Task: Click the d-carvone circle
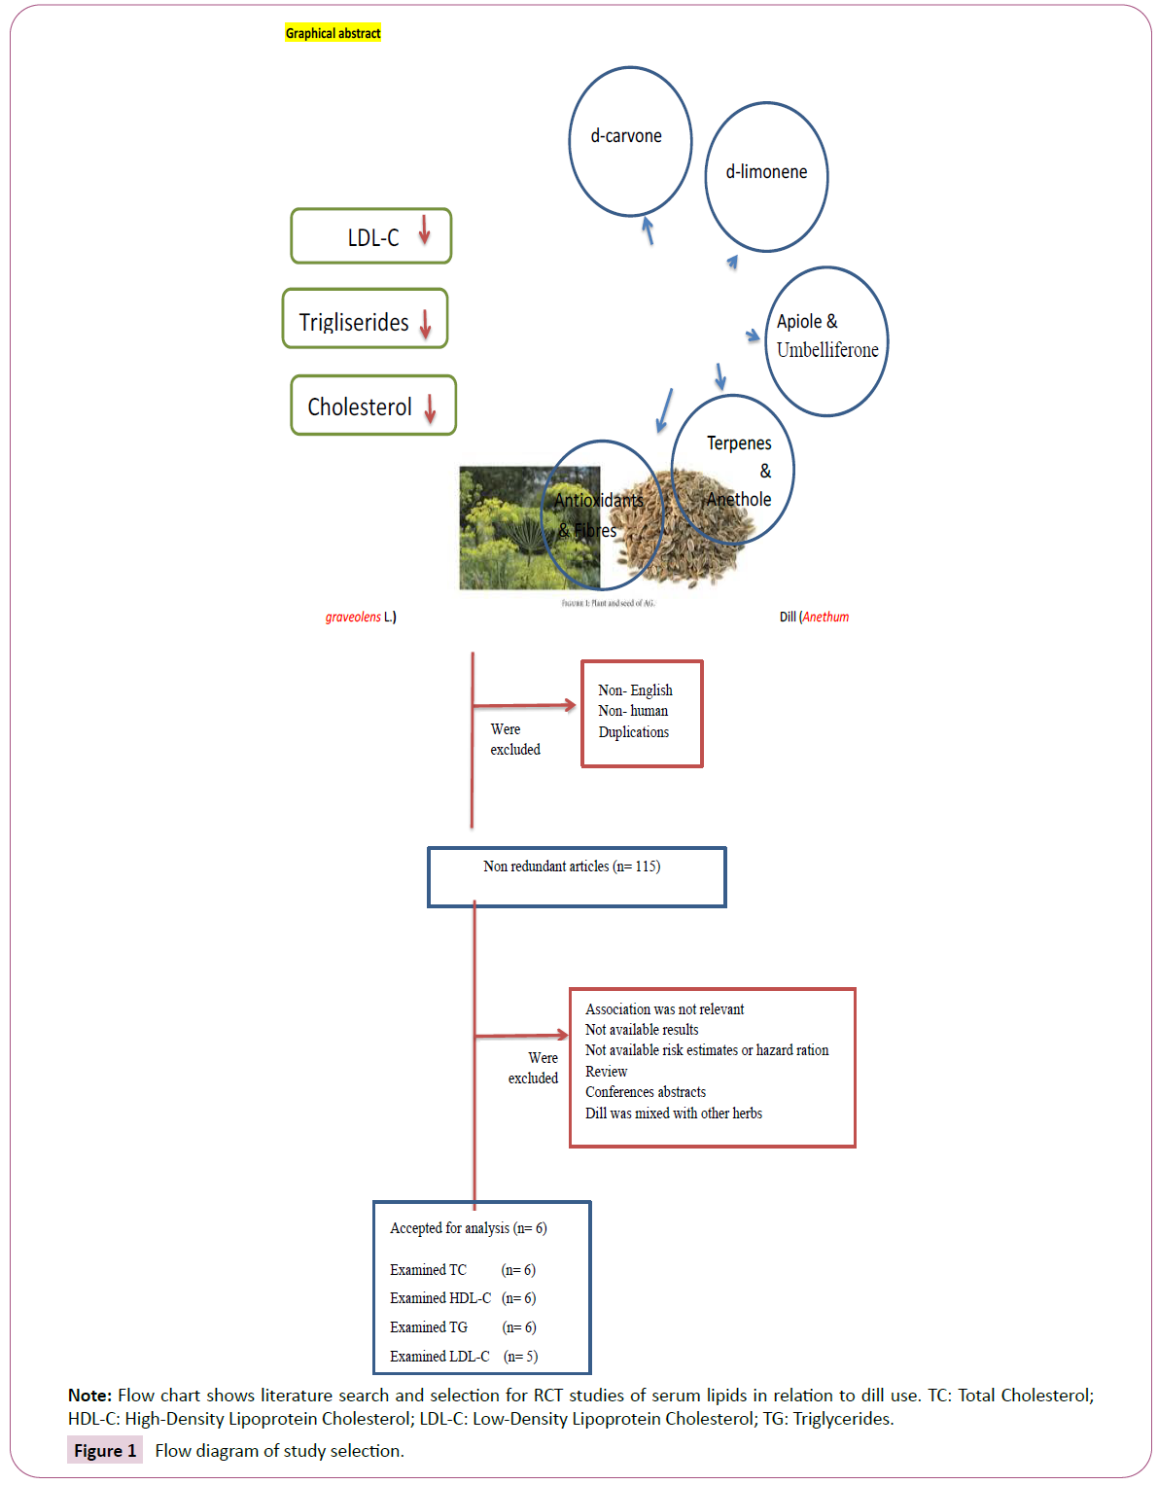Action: click(629, 141)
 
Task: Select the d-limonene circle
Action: click(766, 176)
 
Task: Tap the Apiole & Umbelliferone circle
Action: click(827, 340)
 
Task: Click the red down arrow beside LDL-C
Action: click(424, 230)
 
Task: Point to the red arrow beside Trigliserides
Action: click(425, 324)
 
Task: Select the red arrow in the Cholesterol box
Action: click(430, 409)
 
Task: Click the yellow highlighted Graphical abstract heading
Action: click(333, 33)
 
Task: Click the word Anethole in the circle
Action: click(739, 499)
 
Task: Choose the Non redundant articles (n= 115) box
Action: click(577, 876)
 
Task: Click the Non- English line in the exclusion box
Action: click(635, 689)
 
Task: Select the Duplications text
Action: click(633, 731)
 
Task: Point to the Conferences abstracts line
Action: click(646, 1091)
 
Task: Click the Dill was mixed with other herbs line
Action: click(674, 1113)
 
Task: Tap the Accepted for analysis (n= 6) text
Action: click(468, 1227)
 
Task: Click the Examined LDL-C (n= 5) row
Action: click(464, 1356)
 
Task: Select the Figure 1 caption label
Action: click(105, 1450)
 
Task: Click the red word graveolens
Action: click(353, 617)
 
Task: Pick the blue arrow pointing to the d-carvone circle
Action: click(648, 230)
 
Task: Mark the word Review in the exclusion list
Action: click(606, 1071)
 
